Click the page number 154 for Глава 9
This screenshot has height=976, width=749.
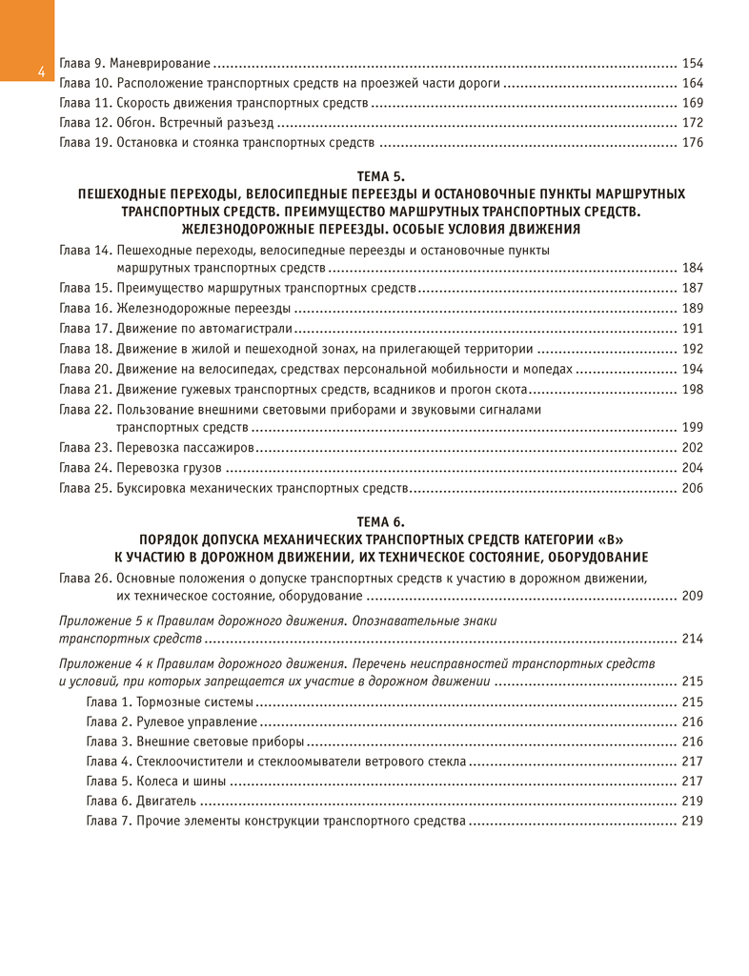click(693, 63)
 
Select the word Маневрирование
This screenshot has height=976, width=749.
click(164, 63)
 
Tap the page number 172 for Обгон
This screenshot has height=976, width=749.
click(693, 123)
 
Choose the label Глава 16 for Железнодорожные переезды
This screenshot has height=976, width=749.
click(86, 308)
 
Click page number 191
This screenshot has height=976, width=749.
click(693, 328)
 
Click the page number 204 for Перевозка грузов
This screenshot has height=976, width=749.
click(693, 467)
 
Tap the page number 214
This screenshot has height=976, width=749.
click(693, 638)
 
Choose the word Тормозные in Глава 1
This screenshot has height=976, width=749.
click(169, 701)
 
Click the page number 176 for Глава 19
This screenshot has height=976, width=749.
click(693, 143)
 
